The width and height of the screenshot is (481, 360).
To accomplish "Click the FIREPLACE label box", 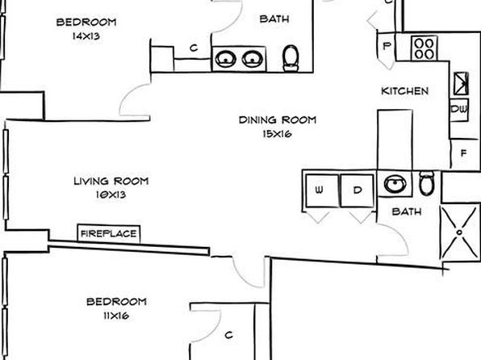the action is coord(109,234).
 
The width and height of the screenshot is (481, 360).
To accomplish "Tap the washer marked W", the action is coord(322,190).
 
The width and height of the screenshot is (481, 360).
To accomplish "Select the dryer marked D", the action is coord(358,190).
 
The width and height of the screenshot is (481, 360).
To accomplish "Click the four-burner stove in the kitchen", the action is coord(425,48).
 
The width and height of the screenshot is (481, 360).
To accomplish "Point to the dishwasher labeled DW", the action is coord(459,109).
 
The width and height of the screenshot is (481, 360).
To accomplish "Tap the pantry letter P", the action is coord(387,46).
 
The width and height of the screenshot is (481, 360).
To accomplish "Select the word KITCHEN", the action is coord(404,91).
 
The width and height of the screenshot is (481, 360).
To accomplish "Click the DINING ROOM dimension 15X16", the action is coord(278,134).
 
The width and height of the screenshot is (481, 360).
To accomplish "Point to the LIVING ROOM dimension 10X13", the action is coord(111,195).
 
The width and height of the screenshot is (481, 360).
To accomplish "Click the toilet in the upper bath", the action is coord(291,58).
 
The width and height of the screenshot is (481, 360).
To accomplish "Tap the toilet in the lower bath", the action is coord(427,183).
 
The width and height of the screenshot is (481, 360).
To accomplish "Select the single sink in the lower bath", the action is coord(395,184).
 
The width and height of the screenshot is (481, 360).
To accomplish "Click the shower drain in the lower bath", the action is coord(459,232).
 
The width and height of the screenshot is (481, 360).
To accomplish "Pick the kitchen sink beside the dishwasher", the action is coord(461,83).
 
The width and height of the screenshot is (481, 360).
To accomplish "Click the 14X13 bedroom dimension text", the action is coord(86,36).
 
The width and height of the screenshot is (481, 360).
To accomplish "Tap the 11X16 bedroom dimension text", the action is coord(116,316).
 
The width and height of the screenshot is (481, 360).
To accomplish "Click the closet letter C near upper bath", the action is coord(194,48).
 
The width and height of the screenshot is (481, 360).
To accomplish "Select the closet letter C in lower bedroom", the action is coord(229,335).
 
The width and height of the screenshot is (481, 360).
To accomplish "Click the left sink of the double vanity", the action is coord(225,59).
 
